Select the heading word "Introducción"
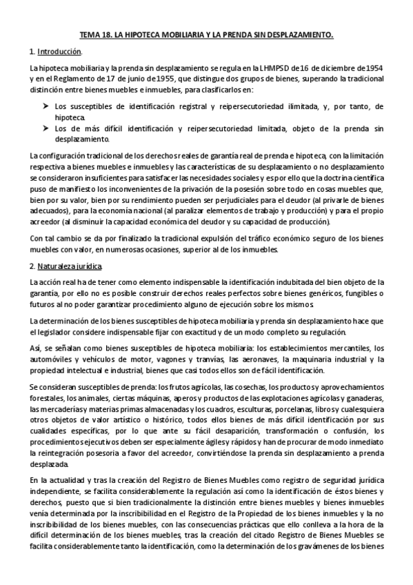click(x=59, y=52)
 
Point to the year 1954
click(x=373, y=68)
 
